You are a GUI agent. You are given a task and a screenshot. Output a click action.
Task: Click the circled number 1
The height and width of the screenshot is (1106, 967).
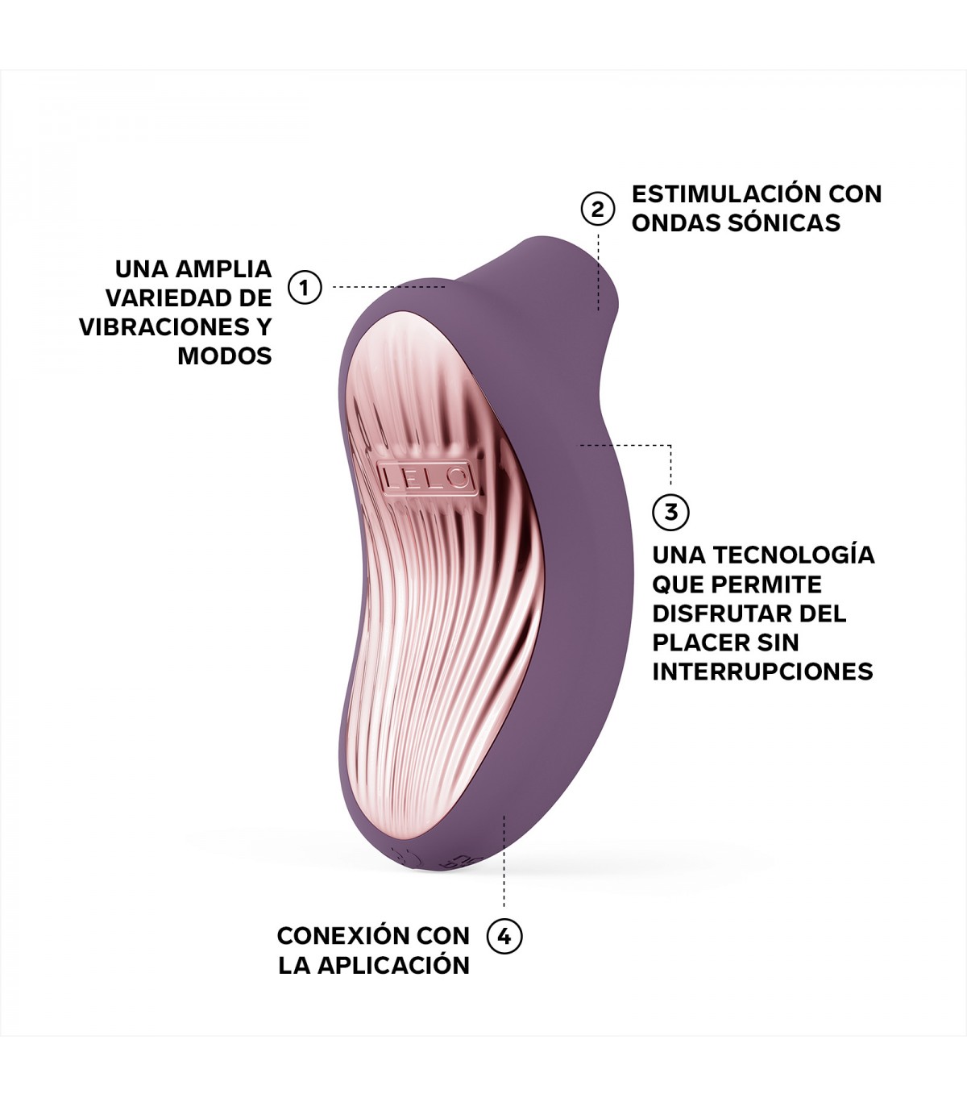tap(305, 287)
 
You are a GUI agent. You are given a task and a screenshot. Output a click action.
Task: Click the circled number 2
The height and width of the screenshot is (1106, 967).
tap(597, 209)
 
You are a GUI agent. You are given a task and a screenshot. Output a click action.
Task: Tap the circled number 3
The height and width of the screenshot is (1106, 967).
tap(670, 511)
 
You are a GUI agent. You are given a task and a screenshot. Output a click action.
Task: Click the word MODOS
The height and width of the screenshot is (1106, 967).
tap(225, 355)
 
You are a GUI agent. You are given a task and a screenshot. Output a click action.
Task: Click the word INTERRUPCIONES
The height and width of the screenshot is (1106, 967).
tap(762, 671)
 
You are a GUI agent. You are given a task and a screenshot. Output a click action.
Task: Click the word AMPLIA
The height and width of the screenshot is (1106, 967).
tap(224, 269)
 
